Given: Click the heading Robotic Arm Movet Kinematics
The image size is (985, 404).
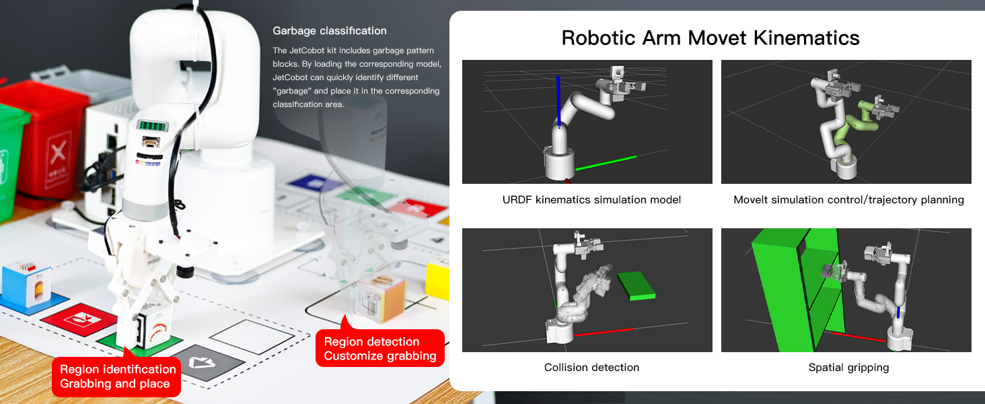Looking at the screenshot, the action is pyautogui.click(x=710, y=37).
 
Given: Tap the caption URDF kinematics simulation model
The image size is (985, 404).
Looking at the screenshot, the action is pyautogui.click(x=591, y=200).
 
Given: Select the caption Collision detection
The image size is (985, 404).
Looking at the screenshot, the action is pyautogui.click(x=591, y=368).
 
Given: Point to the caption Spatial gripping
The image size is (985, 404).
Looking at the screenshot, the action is pyautogui.click(x=848, y=368).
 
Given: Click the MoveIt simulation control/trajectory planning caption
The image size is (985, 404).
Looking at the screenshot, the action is pyautogui.click(x=848, y=200).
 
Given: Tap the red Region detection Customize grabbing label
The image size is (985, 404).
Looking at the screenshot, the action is pyautogui.click(x=380, y=349).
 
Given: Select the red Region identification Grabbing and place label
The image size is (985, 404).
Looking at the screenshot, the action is pyautogui.click(x=118, y=376).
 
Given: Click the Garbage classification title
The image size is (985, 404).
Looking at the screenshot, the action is pyautogui.click(x=329, y=31).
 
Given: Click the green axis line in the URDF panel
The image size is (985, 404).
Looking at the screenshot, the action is pyautogui.click(x=606, y=162).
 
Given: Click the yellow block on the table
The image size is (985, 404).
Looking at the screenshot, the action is pyautogui.click(x=437, y=281).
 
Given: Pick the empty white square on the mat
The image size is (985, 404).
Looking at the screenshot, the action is pyautogui.click(x=247, y=337).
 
